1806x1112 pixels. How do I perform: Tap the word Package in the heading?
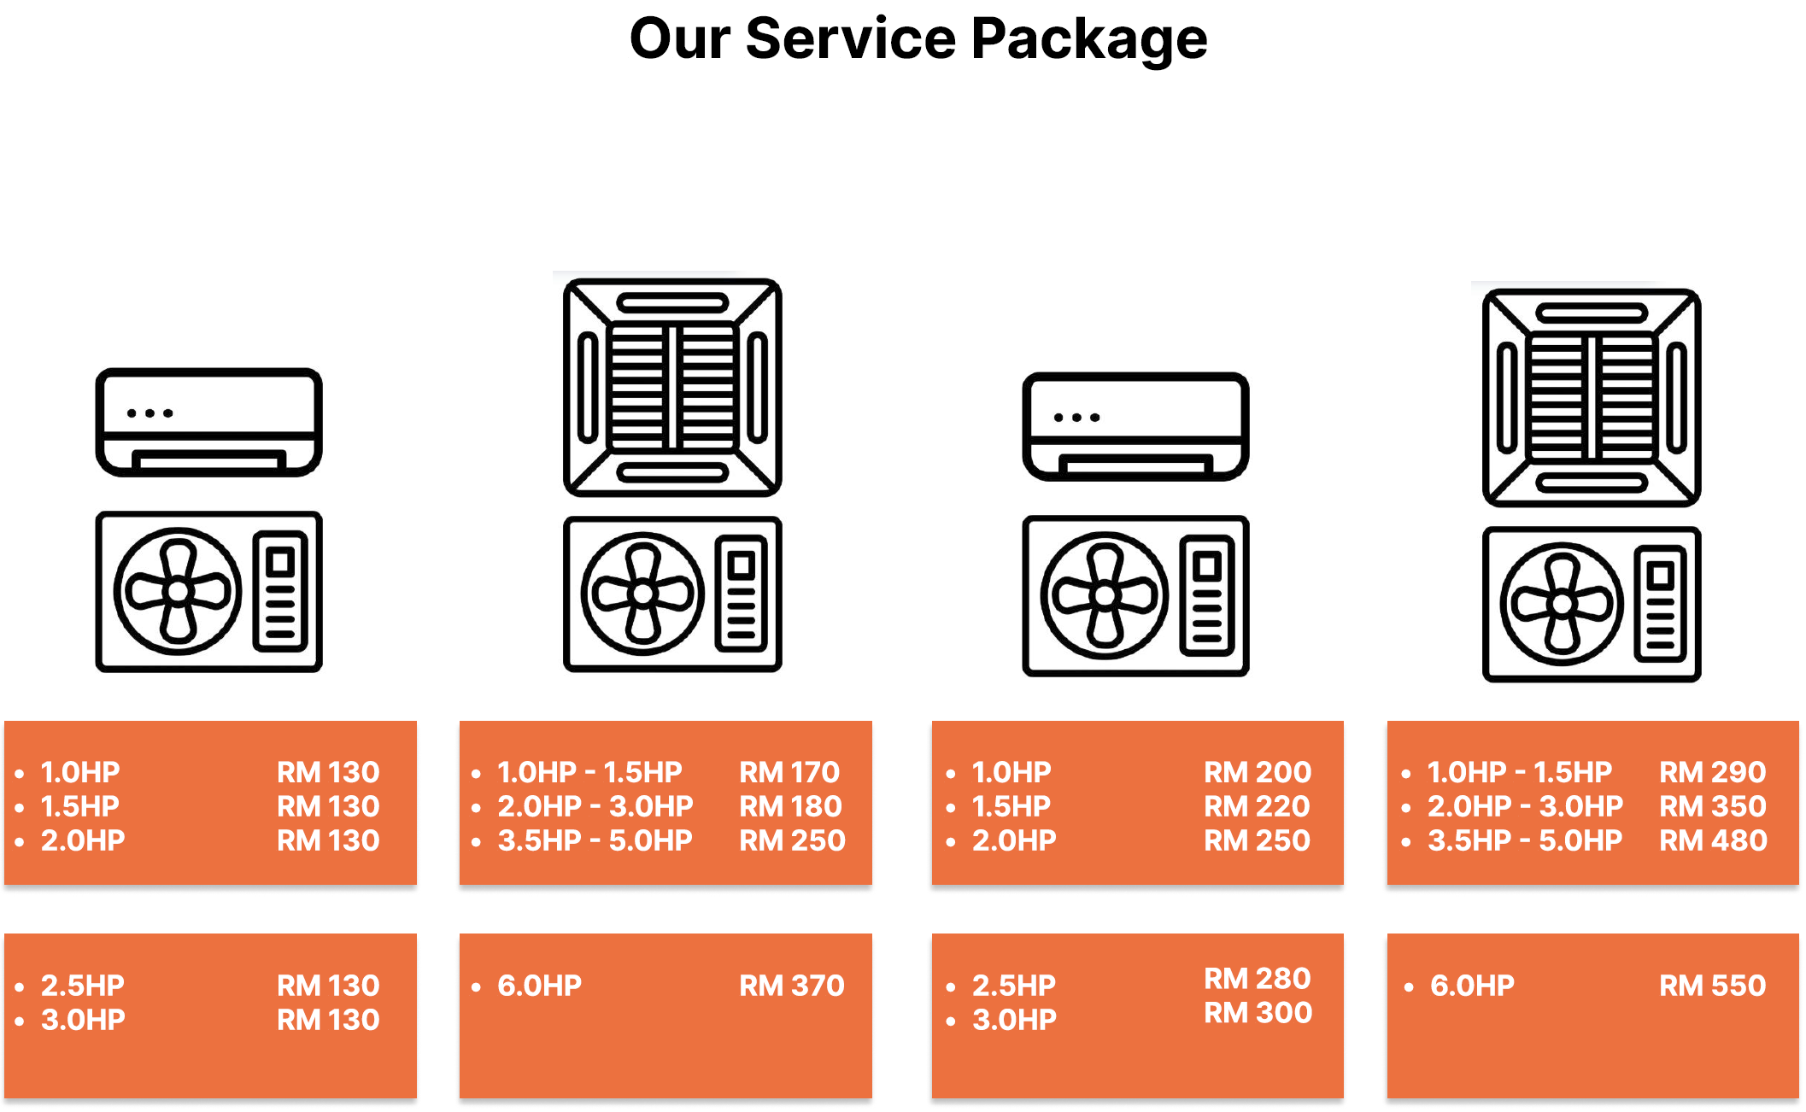1089,41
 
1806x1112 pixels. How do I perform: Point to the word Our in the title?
680,39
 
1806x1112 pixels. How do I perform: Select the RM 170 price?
789,772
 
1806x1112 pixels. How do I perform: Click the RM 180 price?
790,806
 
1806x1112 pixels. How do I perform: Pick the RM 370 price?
792,986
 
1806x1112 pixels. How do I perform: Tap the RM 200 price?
1257,772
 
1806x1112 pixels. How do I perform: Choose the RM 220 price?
1257,806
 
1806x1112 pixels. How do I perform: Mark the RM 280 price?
1257,978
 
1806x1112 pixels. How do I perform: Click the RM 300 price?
1258,1013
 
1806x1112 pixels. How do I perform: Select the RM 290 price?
1712,772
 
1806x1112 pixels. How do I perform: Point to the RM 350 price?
1712,806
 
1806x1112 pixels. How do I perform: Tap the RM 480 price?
1713,840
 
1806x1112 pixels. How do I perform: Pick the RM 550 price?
1712,986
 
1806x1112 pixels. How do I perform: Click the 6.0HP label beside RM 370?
539,986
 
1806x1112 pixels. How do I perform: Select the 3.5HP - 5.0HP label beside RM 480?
1524,840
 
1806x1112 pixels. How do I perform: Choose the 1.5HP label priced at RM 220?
1011,806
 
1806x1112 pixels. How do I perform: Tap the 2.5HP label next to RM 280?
1013,986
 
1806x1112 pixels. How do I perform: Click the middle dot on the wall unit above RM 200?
1076,418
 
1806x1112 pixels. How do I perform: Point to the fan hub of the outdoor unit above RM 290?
1562,604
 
